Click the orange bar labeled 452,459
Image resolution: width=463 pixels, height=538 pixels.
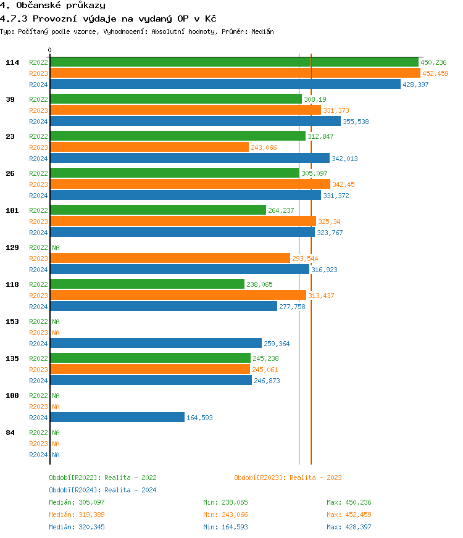[235, 73]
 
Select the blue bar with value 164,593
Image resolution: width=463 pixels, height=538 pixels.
[117, 418]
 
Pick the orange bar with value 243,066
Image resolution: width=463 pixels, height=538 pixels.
[149, 147]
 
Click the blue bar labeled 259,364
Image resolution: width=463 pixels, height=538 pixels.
[156, 344]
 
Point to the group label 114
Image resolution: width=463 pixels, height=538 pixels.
[12, 62]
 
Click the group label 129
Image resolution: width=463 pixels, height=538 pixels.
[12, 247]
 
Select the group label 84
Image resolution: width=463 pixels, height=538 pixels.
[10, 432]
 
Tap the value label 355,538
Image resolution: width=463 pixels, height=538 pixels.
[356, 122]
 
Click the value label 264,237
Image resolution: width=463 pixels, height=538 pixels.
[281, 210]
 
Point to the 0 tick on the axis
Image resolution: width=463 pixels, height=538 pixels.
[50, 50]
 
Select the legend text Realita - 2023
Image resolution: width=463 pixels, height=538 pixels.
[315, 478]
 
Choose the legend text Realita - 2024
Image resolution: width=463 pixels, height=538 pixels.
[130, 490]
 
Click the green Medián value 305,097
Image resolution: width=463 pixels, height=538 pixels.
[93, 502]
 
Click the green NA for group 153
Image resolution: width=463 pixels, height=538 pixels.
[56, 321]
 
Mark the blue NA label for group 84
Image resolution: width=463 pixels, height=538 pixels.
[56, 455]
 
